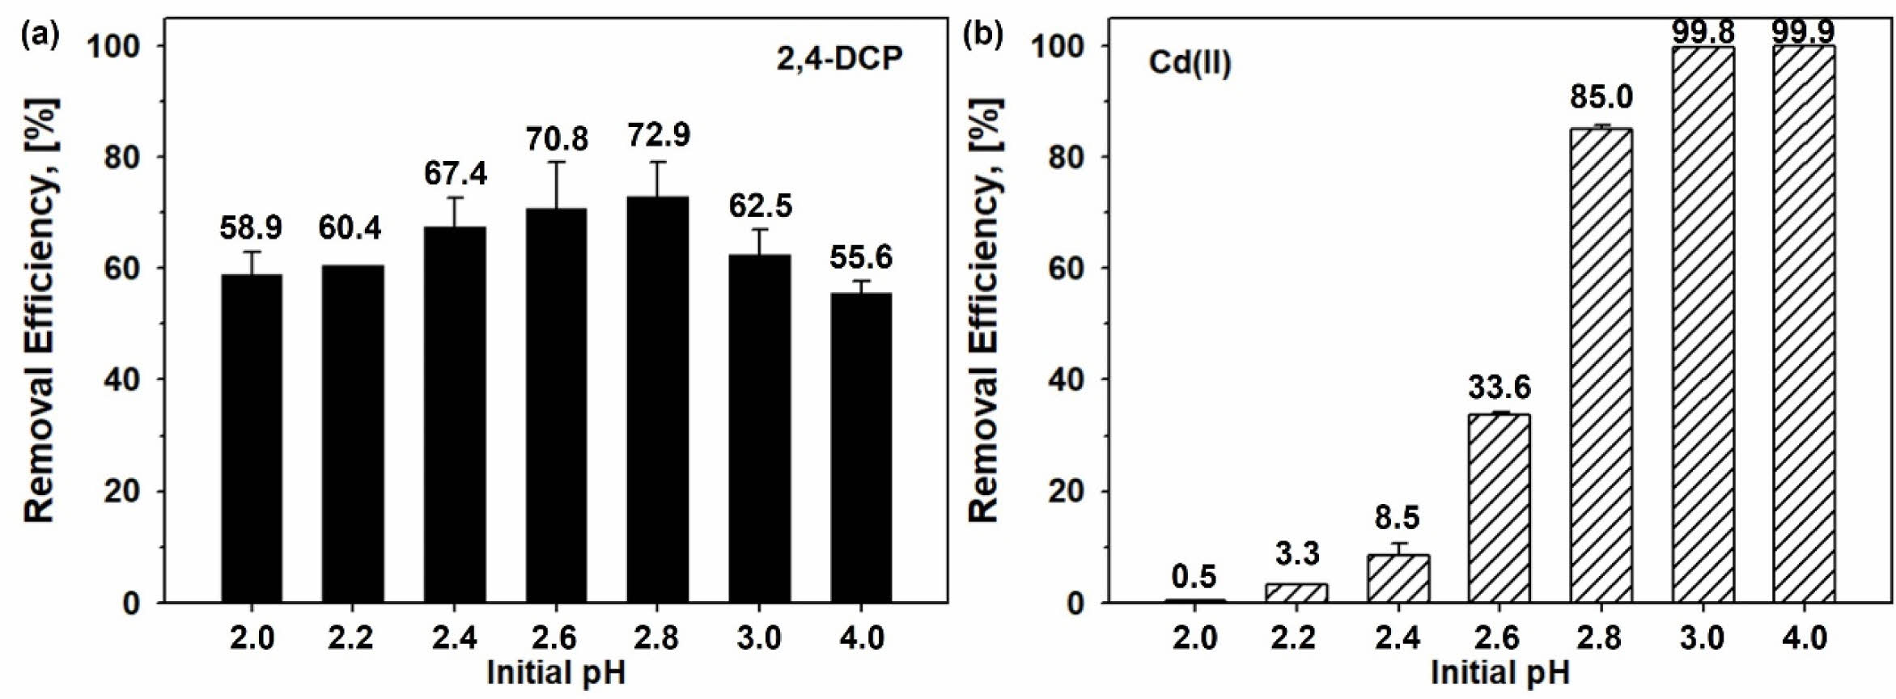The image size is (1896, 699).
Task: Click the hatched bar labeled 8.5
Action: click(x=1398, y=578)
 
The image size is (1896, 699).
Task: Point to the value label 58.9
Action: click(x=251, y=228)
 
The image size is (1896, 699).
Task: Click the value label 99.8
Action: click(x=1703, y=32)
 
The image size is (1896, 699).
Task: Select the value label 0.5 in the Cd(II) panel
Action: click(x=1194, y=577)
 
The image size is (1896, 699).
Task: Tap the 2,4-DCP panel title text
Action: click(x=839, y=59)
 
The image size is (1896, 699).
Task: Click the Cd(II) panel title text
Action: click(x=1190, y=63)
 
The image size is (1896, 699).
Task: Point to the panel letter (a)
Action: click(x=40, y=35)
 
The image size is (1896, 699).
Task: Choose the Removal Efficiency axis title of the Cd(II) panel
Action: click(x=985, y=311)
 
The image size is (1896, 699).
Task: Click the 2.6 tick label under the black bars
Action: click(x=554, y=638)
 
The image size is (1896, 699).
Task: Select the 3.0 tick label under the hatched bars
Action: click(x=1702, y=638)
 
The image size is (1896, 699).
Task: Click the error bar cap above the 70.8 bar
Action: click(x=557, y=162)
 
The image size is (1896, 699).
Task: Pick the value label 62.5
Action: click(x=760, y=205)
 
